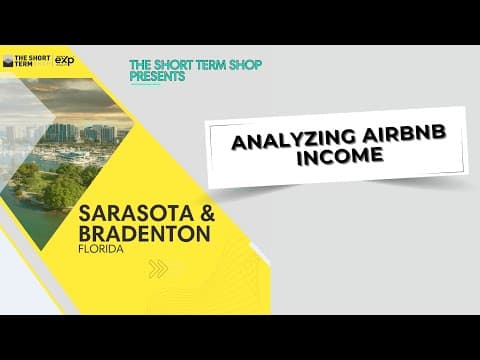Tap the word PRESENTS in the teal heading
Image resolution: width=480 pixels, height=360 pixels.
tap(158, 77)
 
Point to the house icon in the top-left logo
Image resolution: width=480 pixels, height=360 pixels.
tap(9, 61)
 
